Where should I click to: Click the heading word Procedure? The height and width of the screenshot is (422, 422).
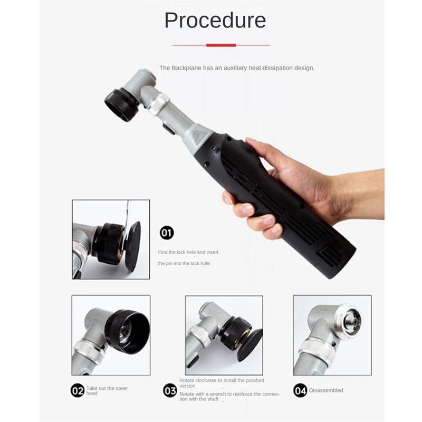[x=215, y=21]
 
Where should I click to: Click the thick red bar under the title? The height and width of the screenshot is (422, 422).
[x=221, y=45]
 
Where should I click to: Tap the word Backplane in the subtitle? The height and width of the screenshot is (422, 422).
[x=186, y=68]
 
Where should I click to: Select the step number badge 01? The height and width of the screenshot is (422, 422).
[x=167, y=233]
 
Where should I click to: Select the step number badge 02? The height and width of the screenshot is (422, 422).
[x=78, y=390]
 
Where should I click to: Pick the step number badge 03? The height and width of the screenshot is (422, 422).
[x=170, y=390]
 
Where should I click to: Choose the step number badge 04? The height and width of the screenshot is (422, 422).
[x=300, y=390]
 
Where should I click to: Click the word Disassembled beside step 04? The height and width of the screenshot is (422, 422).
[x=326, y=390]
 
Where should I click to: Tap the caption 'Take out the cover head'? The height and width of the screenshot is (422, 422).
[x=107, y=391]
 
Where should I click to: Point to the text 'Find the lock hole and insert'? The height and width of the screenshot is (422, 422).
[x=188, y=252]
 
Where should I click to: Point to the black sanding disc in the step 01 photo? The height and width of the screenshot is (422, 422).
[x=133, y=246]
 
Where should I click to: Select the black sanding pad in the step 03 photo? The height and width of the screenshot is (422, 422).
[x=250, y=345]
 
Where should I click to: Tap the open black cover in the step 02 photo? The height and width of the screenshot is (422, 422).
[x=127, y=332]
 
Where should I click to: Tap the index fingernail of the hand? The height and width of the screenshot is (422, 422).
[x=247, y=209]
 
